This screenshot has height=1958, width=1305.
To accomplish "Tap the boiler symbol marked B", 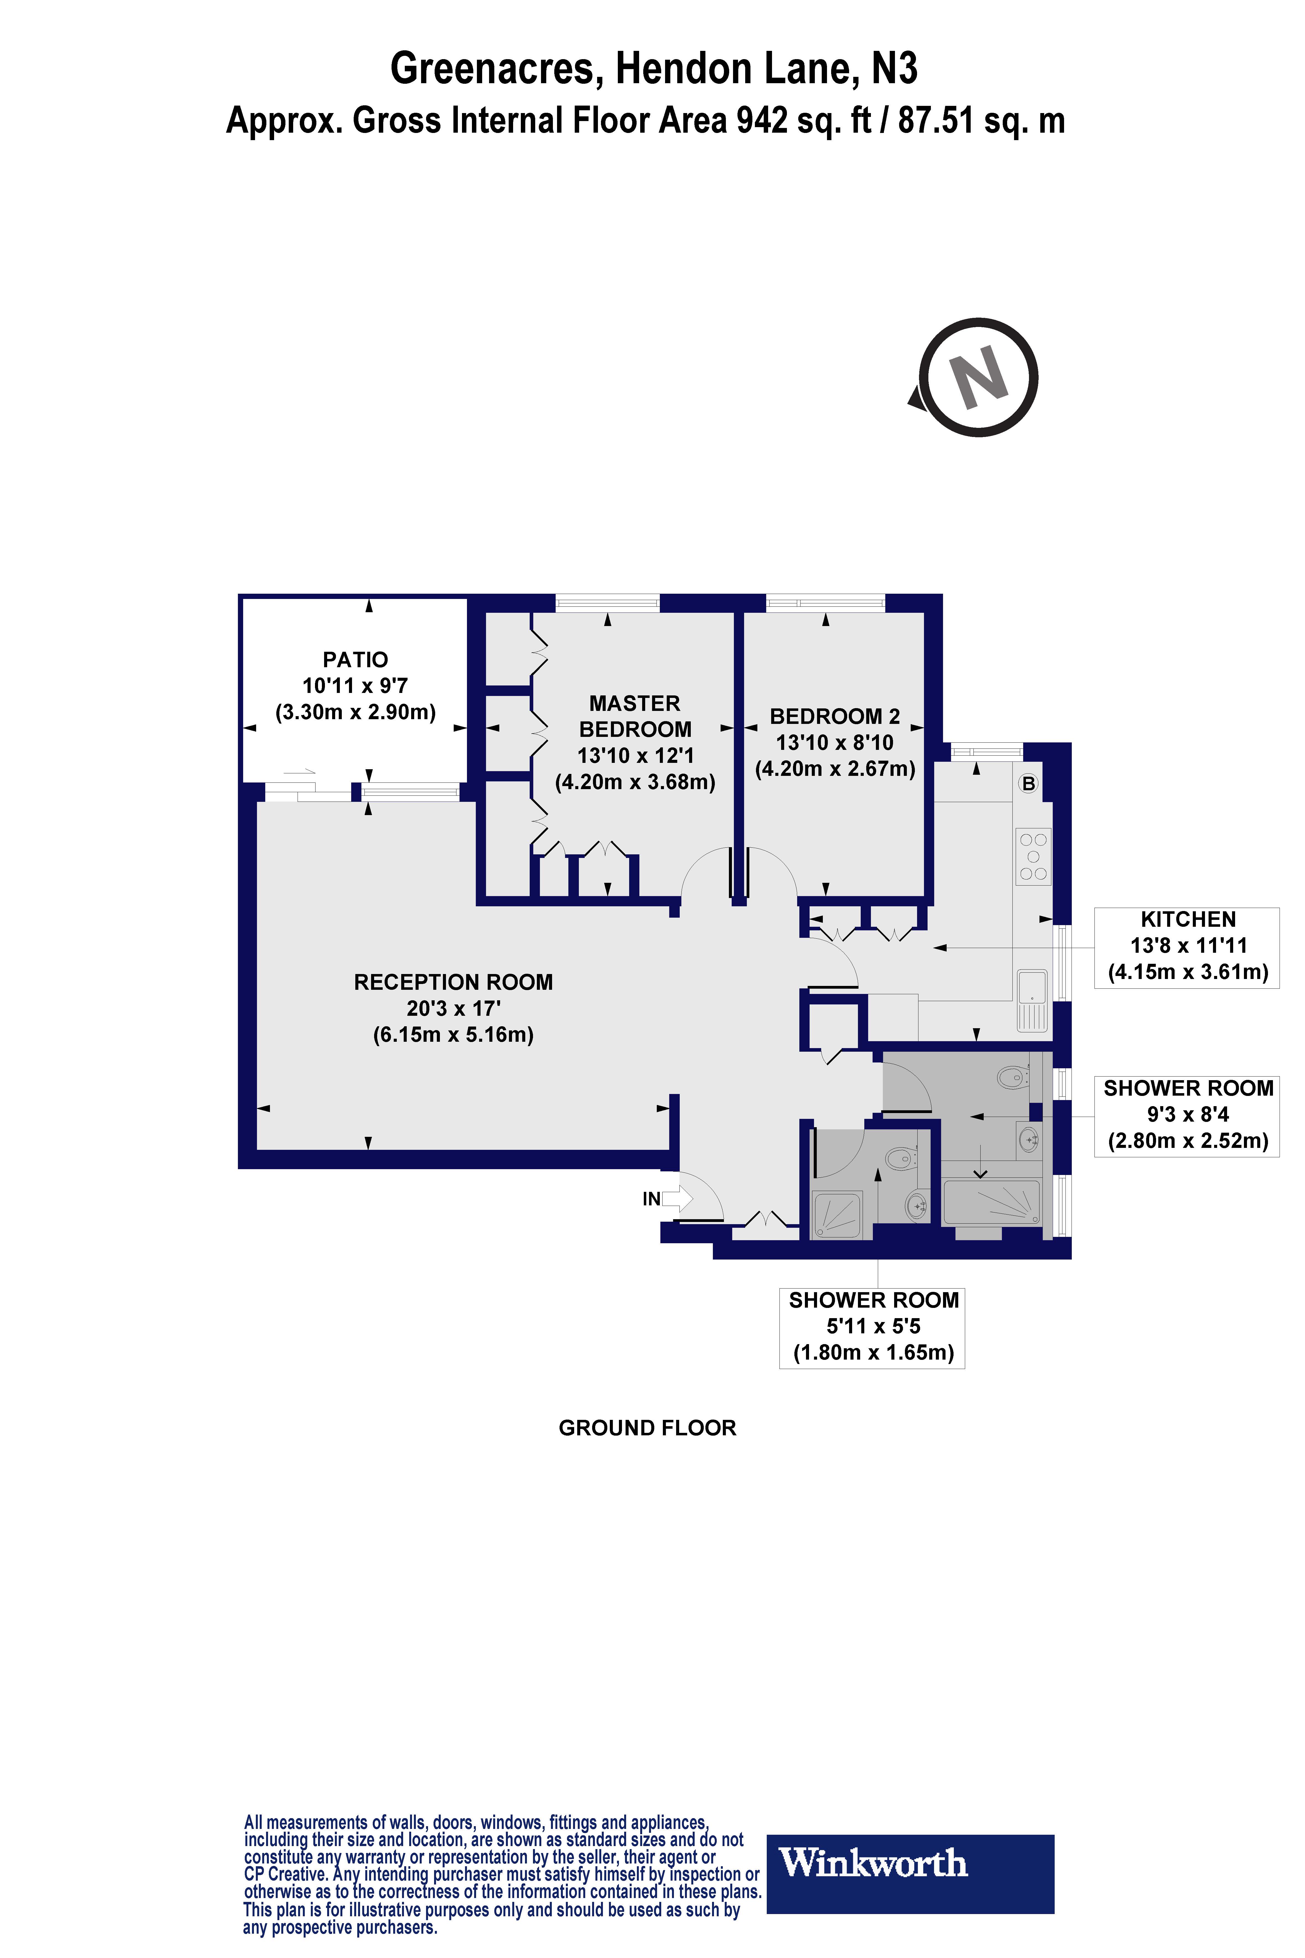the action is click(x=1029, y=783).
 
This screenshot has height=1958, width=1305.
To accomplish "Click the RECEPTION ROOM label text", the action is click(x=454, y=982).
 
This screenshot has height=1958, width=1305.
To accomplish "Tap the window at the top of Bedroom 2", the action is click(x=826, y=603).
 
